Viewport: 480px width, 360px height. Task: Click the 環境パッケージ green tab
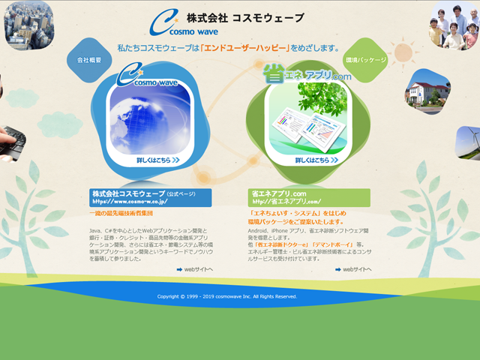(x=365, y=60)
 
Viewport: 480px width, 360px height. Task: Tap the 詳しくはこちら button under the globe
(x=157, y=160)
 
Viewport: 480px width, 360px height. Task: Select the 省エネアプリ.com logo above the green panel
(x=307, y=73)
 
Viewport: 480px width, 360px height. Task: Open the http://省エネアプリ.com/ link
(x=286, y=202)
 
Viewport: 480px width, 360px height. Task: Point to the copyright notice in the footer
(x=227, y=296)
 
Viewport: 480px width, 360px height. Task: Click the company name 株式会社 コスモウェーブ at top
(x=245, y=18)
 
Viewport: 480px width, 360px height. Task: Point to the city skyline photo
(x=28, y=22)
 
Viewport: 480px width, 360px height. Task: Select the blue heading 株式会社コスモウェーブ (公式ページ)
(x=143, y=193)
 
